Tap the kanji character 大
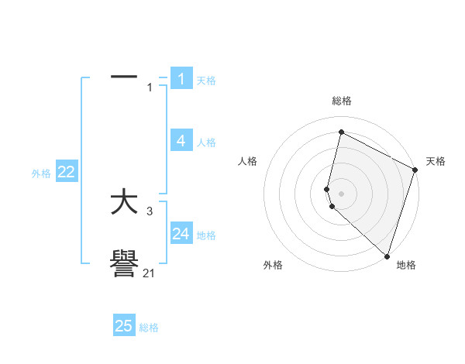[x=124, y=203]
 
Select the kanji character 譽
[x=124, y=266]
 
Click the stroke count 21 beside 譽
[x=149, y=273]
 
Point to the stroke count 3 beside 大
[x=149, y=211]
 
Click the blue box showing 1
[x=181, y=78]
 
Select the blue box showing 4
[x=181, y=140]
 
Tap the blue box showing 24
[x=181, y=234]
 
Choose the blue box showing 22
[x=66, y=172]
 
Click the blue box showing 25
[x=124, y=326]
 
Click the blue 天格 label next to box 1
[x=206, y=81]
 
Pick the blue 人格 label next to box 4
[x=206, y=143]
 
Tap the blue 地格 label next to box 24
[x=206, y=235]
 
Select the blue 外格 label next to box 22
[x=41, y=174]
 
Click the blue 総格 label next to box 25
[x=149, y=328]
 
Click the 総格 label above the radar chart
[x=342, y=101]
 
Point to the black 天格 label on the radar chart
[x=436, y=161]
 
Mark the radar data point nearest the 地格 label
[x=387, y=256]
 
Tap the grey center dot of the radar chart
[x=341, y=193]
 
